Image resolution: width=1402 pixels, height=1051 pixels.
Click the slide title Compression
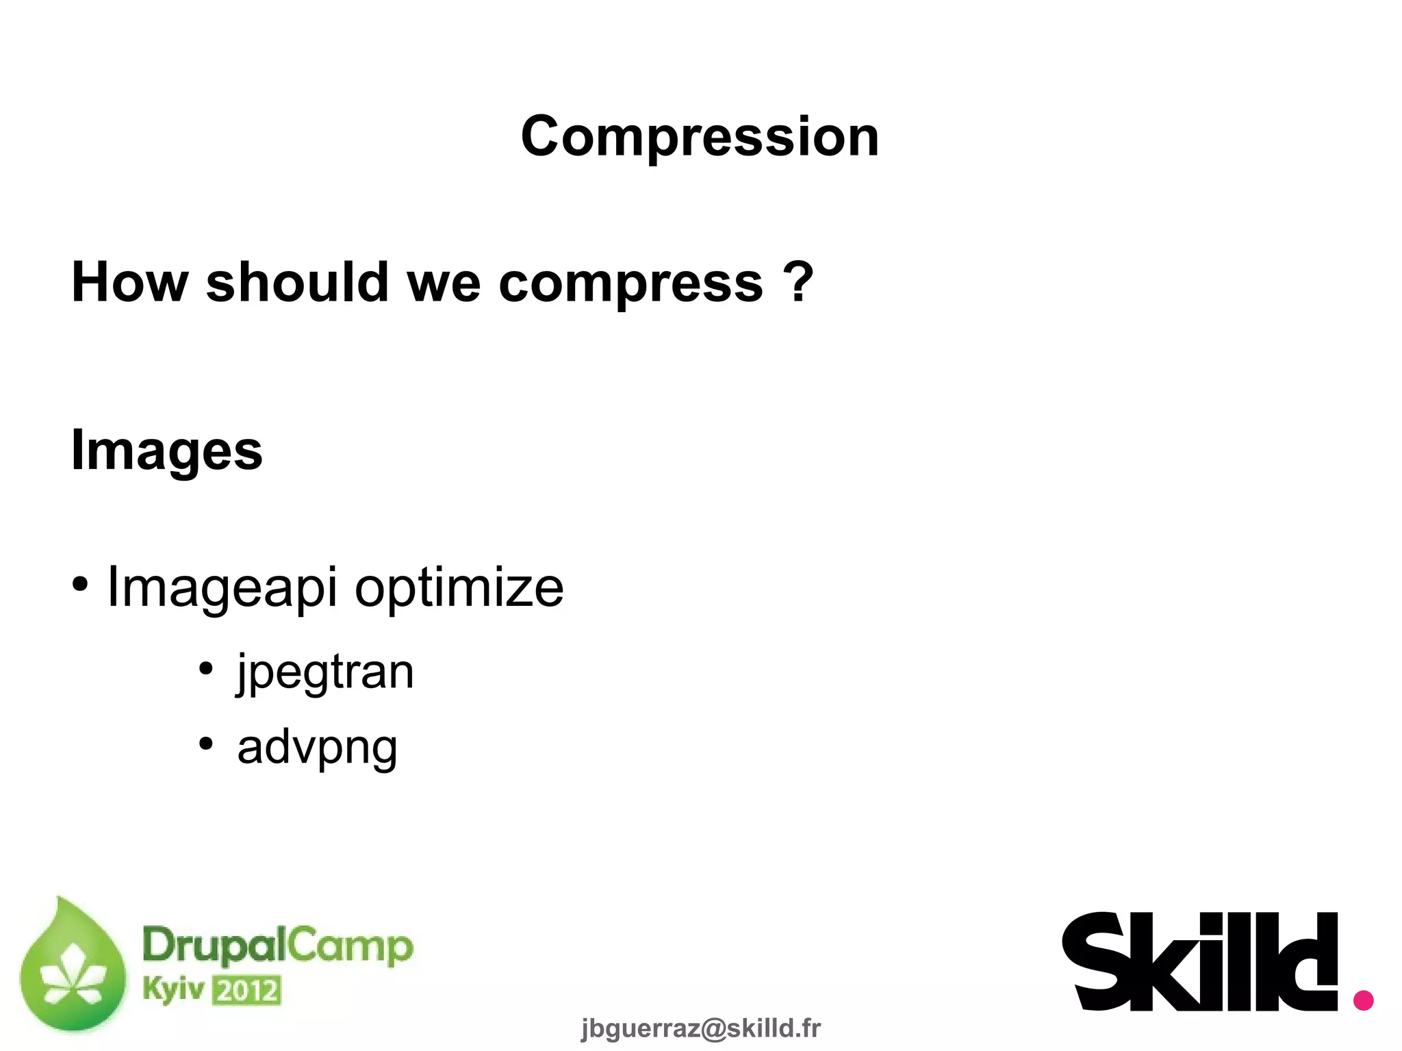[700, 136]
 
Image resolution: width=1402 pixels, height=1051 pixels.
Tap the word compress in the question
[630, 283]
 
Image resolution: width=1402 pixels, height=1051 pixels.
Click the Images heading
[167, 451]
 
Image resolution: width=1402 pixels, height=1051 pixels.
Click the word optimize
[459, 587]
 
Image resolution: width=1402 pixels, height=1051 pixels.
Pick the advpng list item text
[317, 747]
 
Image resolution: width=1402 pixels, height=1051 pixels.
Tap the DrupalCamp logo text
[277, 946]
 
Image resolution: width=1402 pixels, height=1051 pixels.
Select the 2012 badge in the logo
[246, 991]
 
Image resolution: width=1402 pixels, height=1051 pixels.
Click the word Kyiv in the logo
[173, 989]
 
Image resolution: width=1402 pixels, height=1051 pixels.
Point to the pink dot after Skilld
[1363, 1000]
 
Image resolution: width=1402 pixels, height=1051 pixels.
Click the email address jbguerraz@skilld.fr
[700, 1028]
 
